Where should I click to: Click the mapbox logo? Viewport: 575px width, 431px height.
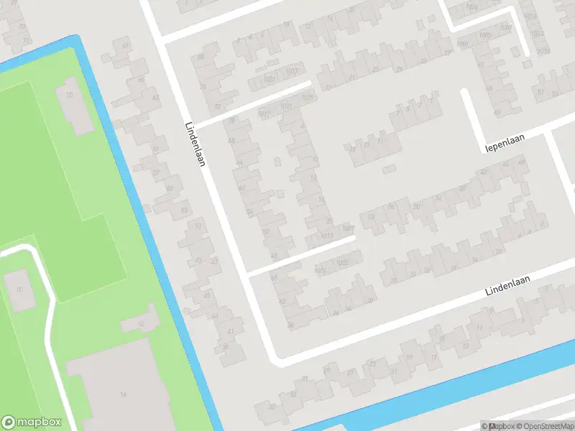click(x=32, y=422)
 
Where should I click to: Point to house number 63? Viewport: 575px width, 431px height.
click(x=155, y=97)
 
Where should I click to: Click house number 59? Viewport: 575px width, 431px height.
click(x=155, y=149)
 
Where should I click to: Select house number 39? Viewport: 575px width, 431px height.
click(x=225, y=347)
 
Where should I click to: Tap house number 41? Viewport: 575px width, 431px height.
click(x=231, y=331)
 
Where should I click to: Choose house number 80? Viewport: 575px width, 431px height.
click(x=201, y=56)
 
